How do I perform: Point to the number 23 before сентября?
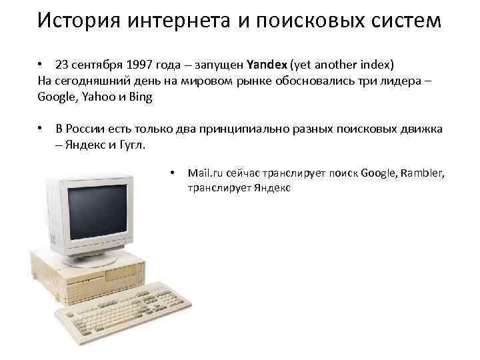point(62,65)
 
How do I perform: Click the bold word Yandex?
point(266,65)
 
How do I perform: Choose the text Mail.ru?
point(207,173)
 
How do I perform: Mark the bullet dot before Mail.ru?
point(172,173)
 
